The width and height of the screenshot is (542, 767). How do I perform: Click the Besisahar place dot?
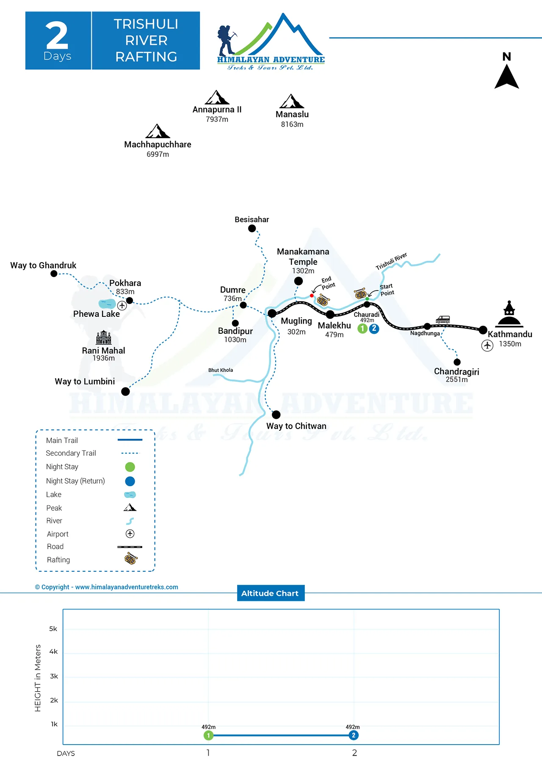pyautogui.click(x=252, y=228)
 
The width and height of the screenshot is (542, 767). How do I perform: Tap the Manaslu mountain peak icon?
pyautogui.click(x=292, y=101)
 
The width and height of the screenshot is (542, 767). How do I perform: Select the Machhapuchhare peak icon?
pyautogui.click(x=158, y=131)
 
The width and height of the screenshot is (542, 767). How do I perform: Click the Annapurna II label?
pyautogui.click(x=217, y=110)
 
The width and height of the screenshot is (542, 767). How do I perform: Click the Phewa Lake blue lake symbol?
pyautogui.click(x=107, y=304)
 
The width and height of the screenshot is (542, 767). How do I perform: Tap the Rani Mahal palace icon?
pyautogui.click(x=104, y=338)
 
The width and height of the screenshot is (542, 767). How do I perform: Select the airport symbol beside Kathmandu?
pyautogui.click(x=487, y=346)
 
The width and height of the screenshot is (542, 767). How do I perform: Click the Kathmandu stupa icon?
pyautogui.click(x=509, y=314)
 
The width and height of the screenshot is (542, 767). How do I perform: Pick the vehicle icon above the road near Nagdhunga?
pyautogui.click(x=442, y=319)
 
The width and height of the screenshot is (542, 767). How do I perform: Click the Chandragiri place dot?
pyautogui.click(x=457, y=362)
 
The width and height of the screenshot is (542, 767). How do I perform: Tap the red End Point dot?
pyautogui.click(x=312, y=296)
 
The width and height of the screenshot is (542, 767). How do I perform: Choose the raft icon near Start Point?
pyautogui.click(x=360, y=293)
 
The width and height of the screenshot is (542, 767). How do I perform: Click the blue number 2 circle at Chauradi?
pyautogui.click(x=374, y=329)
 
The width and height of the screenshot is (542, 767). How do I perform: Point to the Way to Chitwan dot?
pyautogui.click(x=276, y=415)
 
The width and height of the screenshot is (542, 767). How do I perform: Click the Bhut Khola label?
pyautogui.click(x=221, y=370)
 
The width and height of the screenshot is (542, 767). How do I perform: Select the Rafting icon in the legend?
pyautogui.click(x=131, y=559)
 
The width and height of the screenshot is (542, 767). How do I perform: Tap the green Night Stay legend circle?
pyautogui.click(x=130, y=467)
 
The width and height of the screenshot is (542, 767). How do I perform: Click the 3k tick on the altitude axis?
pyautogui.click(x=54, y=676)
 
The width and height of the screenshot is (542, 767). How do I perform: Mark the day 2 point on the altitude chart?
pyautogui.click(x=354, y=735)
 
